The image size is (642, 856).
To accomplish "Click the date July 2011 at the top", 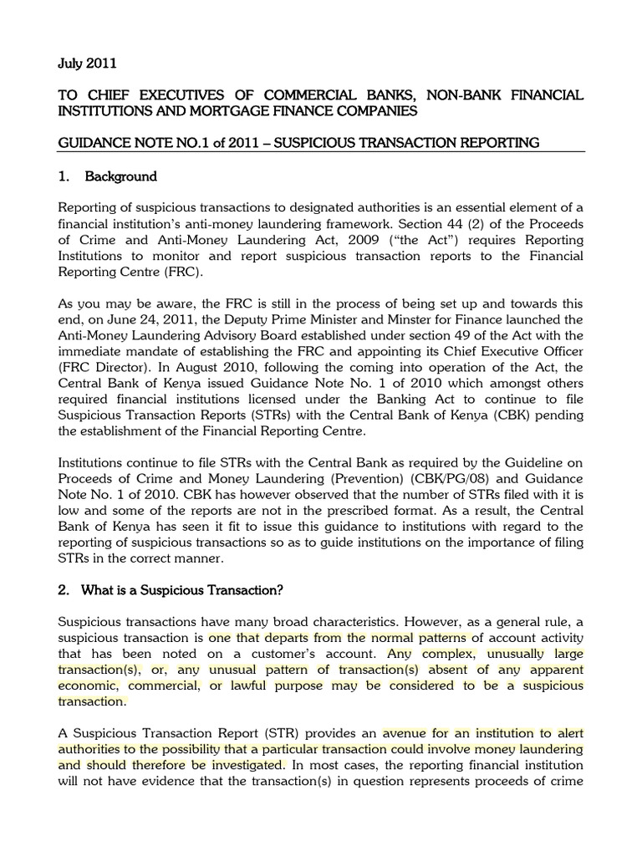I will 88,63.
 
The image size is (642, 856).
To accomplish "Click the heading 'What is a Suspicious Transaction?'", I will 182,591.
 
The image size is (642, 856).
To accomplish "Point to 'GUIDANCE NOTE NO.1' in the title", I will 130,143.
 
